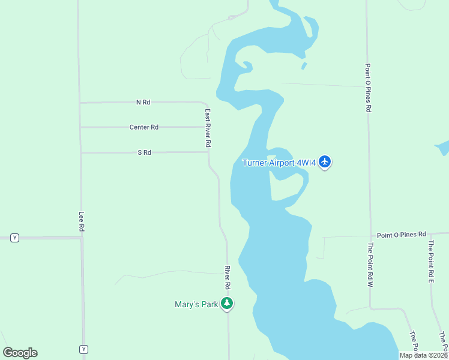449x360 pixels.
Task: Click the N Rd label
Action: pyautogui.click(x=143, y=103)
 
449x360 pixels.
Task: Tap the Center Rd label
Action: pyautogui.click(x=144, y=127)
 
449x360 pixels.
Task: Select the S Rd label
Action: pyautogui.click(x=144, y=152)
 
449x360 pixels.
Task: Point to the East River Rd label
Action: pyautogui.click(x=208, y=128)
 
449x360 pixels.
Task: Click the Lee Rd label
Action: pyautogui.click(x=82, y=221)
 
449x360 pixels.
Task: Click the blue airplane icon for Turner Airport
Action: pyautogui.click(x=325, y=161)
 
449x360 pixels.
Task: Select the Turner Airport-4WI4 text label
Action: pyautogui.click(x=279, y=163)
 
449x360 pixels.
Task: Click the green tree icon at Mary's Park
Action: pyautogui.click(x=227, y=304)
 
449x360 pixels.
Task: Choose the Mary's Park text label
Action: pyautogui.click(x=196, y=305)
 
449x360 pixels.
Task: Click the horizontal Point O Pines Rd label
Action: pyautogui.click(x=401, y=234)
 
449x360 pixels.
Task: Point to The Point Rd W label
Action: pyautogui.click(x=370, y=264)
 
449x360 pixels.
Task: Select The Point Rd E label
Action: pyautogui.click(x=430, y=261)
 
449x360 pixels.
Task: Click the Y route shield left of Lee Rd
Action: pyautogui.click(x=15, y=238)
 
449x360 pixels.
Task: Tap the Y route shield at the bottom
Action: pyautogui.click(x=83, y=349)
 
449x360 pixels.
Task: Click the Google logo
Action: pyautogui.click(x=20, y=353)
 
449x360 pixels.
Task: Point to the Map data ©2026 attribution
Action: pyautogui.click(x=423, y=355)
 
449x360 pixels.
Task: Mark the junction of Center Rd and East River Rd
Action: pyautogui.click(x=208, y=127)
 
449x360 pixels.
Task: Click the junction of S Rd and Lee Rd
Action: pyautogui.click(x=81, y=152)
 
